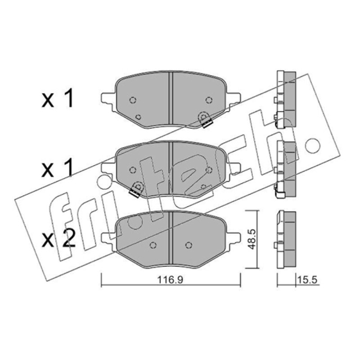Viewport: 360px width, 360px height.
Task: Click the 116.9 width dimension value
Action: (x=170, y=279)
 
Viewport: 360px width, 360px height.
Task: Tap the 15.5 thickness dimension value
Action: (x=307, y=279)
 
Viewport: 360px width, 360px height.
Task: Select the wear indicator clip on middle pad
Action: (x=136, y=189)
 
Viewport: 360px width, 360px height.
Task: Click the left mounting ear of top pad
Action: (x=108, y=99)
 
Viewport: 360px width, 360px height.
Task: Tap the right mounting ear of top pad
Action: (x=234, y=99)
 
